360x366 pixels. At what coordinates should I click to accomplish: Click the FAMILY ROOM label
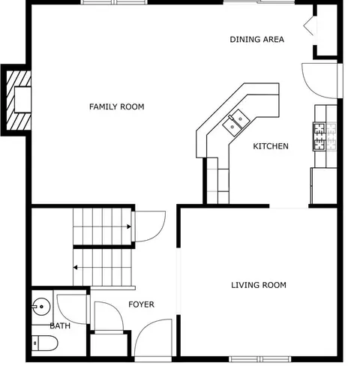(117, 106)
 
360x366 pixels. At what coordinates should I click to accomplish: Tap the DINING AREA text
(256, 39)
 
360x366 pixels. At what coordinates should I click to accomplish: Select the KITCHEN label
(271, 146)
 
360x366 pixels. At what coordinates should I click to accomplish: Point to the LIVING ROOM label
(259, 285)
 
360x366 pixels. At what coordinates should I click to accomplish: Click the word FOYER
(141, 304)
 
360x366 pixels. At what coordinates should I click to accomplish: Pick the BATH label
(60, 325)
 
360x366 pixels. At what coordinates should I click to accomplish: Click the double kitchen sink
(236, 122)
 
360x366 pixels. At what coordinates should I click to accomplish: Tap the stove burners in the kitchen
(325, 136)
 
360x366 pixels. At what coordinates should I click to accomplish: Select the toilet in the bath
(44, 343)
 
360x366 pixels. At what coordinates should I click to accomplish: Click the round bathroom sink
(41, 306)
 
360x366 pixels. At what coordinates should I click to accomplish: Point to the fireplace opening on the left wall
(22, 100)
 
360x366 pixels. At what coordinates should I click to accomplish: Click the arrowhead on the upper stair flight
(129, 226)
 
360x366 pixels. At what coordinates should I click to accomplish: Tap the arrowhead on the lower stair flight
(75, 268)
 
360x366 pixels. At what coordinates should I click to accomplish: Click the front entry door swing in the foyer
(153, 337)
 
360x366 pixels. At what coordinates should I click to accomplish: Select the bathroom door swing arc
(72, 310)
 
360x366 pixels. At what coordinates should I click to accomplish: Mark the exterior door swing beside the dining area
(319, 81)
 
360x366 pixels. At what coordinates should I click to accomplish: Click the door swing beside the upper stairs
(150, 226)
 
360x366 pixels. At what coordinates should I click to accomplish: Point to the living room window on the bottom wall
(260, 359)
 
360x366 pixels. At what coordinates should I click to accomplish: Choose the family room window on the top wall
(115, 2)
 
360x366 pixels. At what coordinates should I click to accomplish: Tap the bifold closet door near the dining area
(308, 25)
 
